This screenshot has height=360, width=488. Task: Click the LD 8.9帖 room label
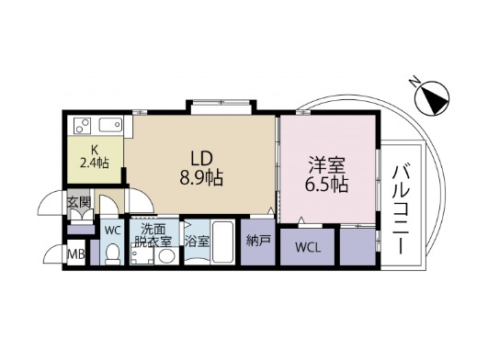pos(201,168)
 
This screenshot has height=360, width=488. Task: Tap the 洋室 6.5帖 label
pos(326,174)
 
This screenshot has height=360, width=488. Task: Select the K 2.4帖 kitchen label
pos(95,157)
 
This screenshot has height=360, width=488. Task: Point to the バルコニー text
pos(399,209)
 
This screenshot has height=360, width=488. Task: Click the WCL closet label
pos(308,248)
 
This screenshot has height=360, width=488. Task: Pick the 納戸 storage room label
pos(258,241)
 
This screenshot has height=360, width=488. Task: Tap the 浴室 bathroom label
pos(197,241)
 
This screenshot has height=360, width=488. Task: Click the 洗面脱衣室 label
pos(153,236)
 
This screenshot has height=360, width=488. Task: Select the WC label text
pos(112,231)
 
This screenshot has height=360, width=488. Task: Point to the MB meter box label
pos(76,254)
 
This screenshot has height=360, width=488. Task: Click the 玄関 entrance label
pos(79,203)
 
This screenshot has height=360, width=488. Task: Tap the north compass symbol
pos(432,98)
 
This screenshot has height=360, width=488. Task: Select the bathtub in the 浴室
pos(223,242)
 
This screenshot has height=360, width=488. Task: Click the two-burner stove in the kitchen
pos(82,126)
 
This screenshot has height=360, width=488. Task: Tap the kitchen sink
pos(110,125)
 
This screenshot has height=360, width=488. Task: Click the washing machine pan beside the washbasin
pos(142,254)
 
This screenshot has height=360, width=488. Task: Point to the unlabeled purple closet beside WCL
pos(357,247)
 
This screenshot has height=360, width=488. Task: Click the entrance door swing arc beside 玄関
pos(51,203)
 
